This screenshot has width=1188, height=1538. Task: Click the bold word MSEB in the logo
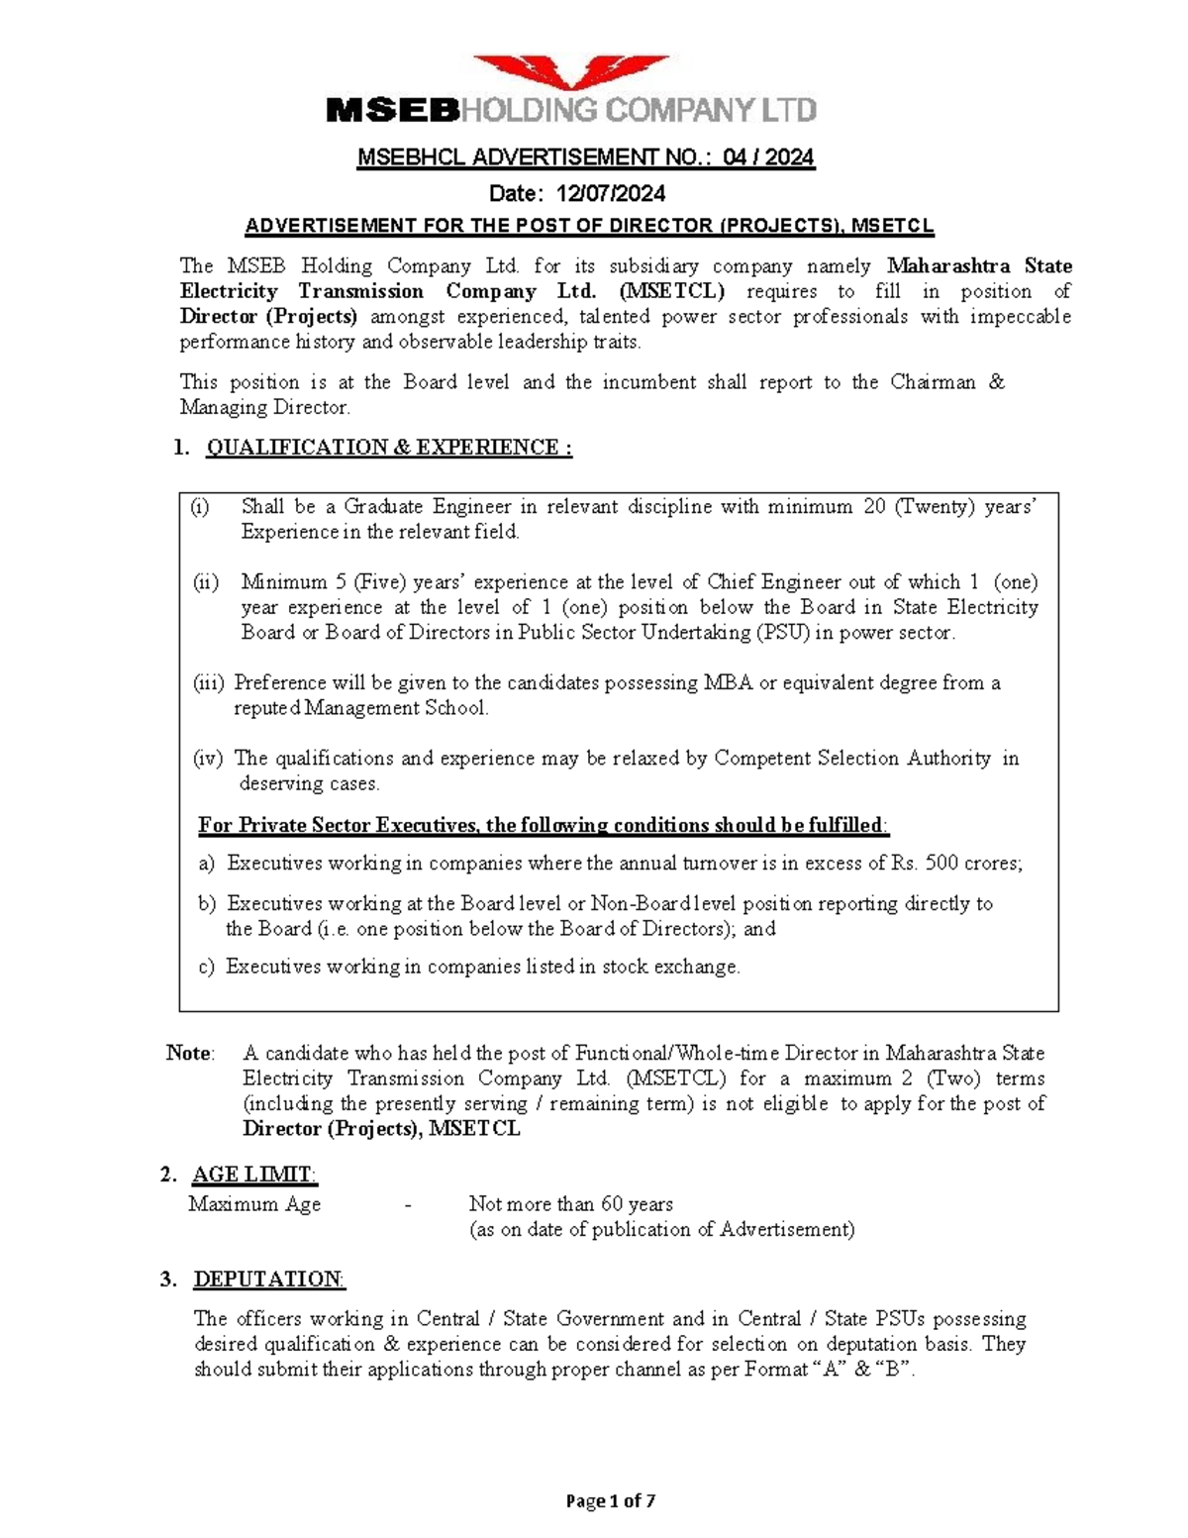(393, 110)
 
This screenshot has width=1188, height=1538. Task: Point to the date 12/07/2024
(610, 192)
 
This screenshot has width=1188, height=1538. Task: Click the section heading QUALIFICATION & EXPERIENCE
(388, 448)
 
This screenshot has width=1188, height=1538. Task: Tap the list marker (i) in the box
(201, 507)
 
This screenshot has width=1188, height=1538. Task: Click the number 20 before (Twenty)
(873, 507)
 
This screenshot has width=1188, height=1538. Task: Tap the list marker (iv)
(208, 759)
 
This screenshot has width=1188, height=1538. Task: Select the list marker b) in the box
(206, 904)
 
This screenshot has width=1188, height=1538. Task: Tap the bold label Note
(189, 1053)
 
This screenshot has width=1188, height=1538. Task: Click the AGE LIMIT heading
(254, 1175)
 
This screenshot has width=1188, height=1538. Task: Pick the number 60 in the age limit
(612, 1204)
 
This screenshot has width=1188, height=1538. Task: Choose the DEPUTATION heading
(268, 1280)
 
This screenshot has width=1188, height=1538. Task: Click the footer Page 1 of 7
(610, 1501)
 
